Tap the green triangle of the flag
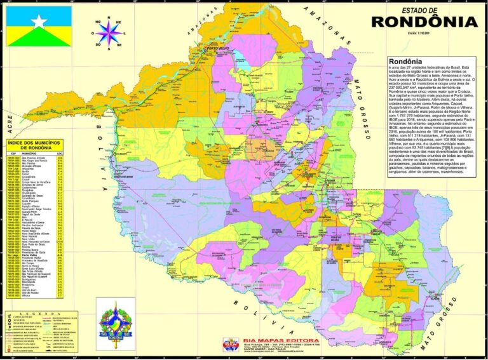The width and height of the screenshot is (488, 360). tap(39, 39)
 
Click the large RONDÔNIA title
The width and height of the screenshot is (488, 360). tap(424, 22)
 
